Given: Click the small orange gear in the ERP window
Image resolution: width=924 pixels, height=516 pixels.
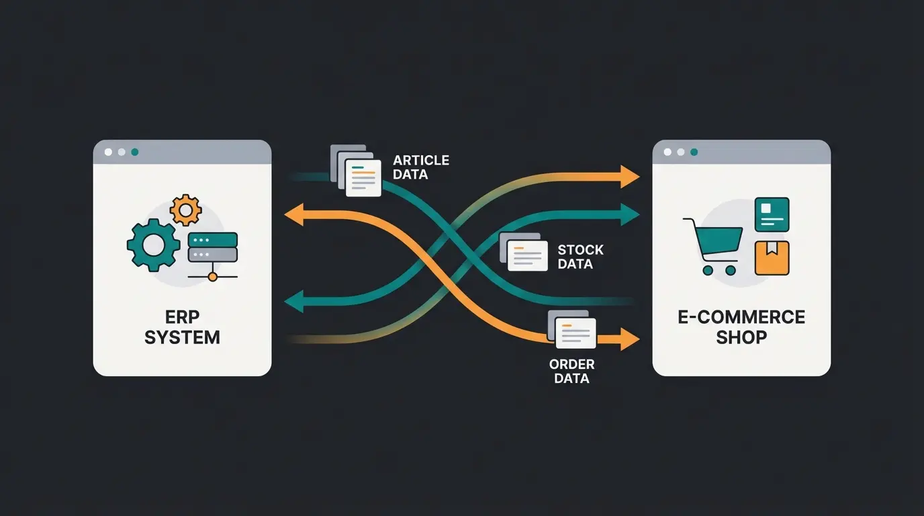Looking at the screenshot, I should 185,210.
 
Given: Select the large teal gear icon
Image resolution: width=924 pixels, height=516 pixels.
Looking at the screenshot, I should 154,245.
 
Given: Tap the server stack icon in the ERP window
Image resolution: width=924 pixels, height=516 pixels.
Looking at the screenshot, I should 213,247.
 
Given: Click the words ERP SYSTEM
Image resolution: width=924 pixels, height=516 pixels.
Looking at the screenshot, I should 182,327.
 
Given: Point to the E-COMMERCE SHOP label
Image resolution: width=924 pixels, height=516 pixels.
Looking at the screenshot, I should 741,327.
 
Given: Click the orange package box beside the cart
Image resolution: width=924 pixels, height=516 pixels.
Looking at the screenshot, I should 772,258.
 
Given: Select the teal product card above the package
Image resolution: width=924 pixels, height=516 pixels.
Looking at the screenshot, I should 772,214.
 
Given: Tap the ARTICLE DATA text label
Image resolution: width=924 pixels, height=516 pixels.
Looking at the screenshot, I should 421,167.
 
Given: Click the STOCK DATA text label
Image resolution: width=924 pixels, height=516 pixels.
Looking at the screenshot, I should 580,257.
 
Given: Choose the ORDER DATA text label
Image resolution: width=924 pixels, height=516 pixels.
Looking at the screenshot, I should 571,372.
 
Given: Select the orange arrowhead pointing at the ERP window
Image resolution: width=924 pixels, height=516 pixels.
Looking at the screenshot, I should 293,215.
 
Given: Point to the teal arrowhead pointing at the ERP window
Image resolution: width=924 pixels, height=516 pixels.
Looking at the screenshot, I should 293,302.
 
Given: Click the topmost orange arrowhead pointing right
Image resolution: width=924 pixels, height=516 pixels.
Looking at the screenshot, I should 629,176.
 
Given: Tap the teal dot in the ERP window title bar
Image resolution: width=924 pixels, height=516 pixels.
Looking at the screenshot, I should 135,153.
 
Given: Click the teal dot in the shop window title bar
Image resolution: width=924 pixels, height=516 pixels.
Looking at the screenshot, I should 694,153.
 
